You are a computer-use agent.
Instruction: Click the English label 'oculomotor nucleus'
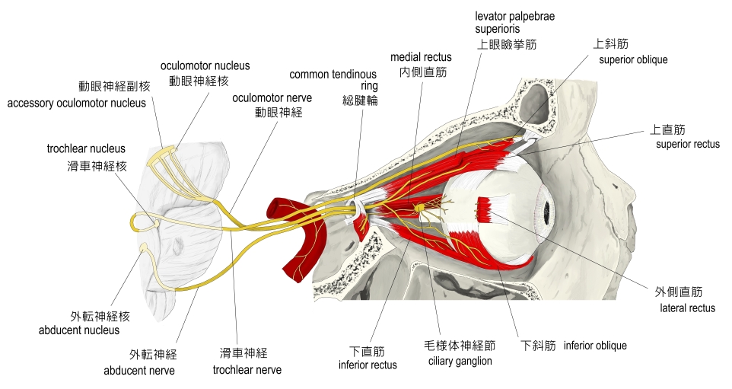point(205,66)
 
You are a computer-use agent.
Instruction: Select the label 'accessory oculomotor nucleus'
point(76,103)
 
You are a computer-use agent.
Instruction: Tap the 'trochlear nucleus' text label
point(86,149)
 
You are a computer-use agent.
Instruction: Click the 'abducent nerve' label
point(139,371)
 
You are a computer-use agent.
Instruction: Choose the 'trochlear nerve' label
point(247,370)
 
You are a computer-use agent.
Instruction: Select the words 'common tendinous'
point(333,75)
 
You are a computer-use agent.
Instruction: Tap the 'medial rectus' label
point(421,57)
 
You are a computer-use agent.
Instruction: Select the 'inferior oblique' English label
point(595,346)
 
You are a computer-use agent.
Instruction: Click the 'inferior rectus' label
point(368,365)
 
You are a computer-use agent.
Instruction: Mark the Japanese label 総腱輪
point(360,100)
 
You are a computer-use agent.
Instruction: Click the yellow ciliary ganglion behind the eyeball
point(420,207)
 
